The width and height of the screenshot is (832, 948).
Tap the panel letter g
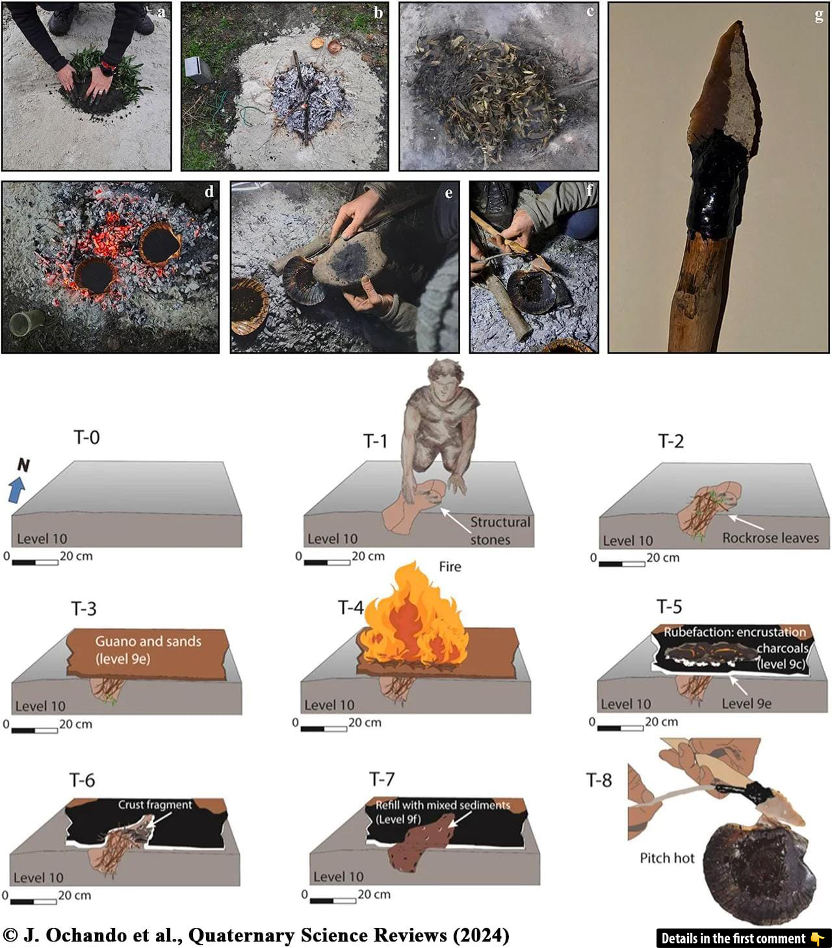click(x=818, y=16)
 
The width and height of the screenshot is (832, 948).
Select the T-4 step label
click(x=350, y=608)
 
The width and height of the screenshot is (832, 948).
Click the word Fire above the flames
click(x=450, y=566)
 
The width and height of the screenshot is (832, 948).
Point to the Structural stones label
click(x=500, y=531)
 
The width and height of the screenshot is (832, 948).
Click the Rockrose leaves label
click(x=770, y=538)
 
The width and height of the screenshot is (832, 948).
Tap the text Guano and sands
click(x=148, y=641)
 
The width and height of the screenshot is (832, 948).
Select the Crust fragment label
click(x=155, y=804)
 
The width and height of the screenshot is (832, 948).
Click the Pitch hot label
click(x=667, y=858)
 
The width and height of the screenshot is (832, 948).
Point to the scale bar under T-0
click(x=35, y=562)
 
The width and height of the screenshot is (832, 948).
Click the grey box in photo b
click(x=198, y=70)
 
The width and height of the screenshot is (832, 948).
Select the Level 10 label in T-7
click(x=338, y=876)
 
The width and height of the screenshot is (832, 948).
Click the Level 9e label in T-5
click(x=746, y=704)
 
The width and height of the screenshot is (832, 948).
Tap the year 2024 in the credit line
click(x=482, y=935)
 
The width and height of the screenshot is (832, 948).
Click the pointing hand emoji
click(x=817, y=938)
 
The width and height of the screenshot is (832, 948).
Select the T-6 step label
click(x=82, y=780)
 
